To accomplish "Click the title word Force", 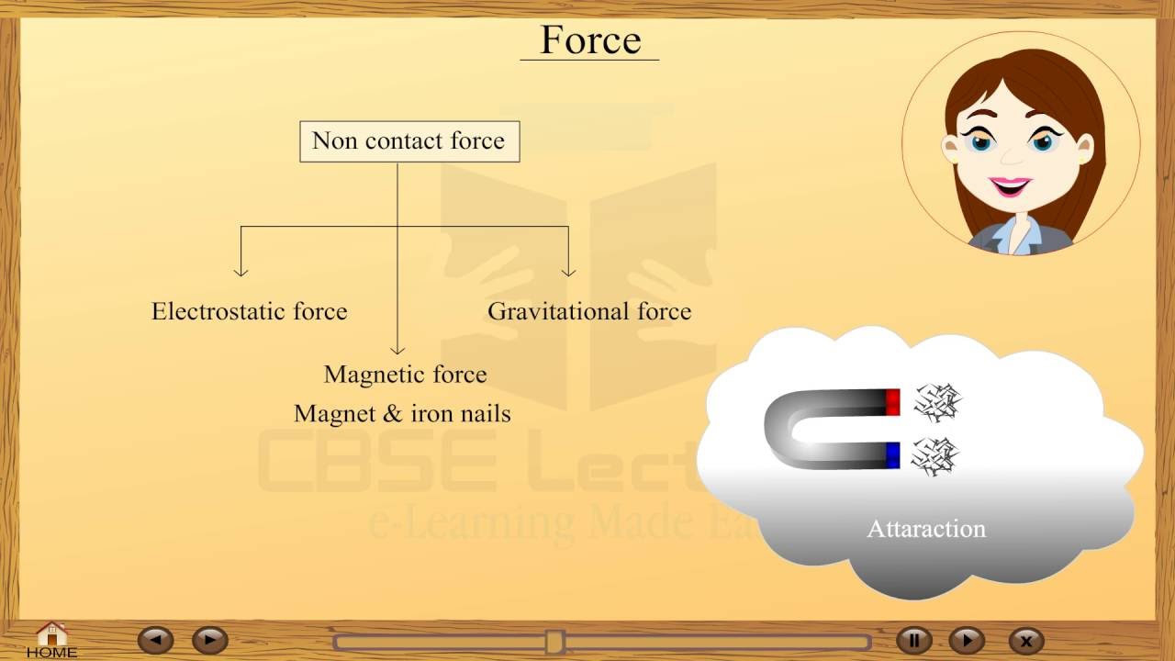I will click(590, 39).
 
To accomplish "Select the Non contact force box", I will click(409, 141).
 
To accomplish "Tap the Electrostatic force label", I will click(250, 311).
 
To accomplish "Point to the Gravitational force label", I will click(589, 311).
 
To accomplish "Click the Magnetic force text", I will click(405, 375).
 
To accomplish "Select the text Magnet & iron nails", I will click(402, 414).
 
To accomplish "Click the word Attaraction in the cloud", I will click(926, 529).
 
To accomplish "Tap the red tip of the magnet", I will click(892, 402).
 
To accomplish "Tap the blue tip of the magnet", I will click(892, 455).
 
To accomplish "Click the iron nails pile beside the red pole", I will click(935, 401).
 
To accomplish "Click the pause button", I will click(913, 640).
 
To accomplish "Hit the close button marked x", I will click(1026, 641).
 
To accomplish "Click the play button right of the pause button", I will click(966, 640).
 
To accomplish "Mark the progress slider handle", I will click(554, 641).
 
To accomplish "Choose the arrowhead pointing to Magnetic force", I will click(397, 349).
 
